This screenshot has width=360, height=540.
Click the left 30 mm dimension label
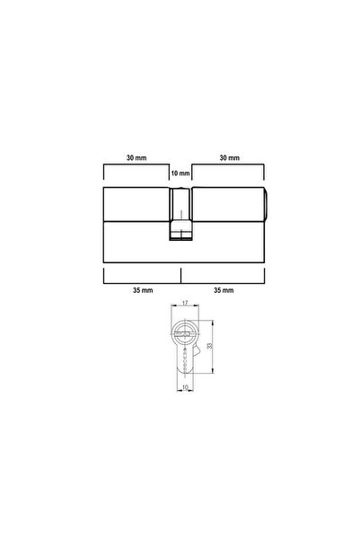coord(136,157)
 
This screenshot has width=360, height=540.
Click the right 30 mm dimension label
coord(230,157)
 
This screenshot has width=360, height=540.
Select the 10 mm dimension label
coord(180,172)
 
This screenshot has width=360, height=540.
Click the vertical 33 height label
coord(209,346)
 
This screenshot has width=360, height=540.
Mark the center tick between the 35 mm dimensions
coord(180,274)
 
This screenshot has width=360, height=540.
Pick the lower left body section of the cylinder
coord(136,240)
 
